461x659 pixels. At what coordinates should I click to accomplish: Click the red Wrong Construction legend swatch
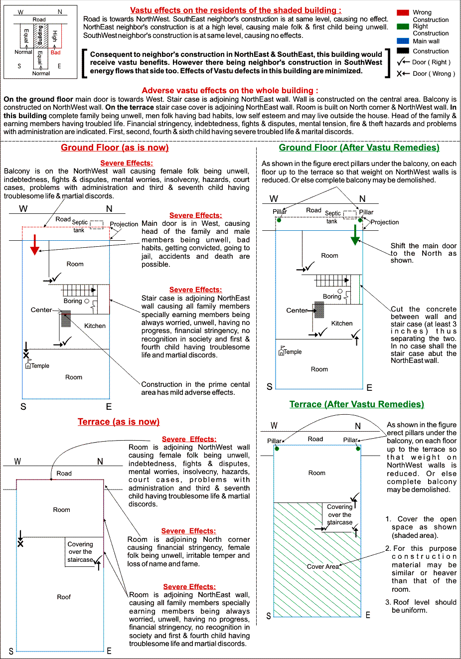pyautogui.click(x=403, y=12)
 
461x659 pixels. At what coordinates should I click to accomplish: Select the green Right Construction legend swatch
pyautogui.click(x=403, y=26)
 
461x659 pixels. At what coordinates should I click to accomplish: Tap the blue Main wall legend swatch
pyautogui.click(x=403, y=41)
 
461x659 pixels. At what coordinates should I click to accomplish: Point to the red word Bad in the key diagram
pyautogui.click(x=55, y=52)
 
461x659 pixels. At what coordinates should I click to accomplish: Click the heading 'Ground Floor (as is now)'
pyautogui.click(x=115, y=148)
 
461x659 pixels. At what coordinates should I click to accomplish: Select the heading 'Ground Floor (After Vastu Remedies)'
pyautogui.click(x=359, y=148)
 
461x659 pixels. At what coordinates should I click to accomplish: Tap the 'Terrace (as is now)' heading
pyautogui.click(x=119, y=422)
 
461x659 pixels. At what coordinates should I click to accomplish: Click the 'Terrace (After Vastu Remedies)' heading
pyautogui.click(x=357, y=404)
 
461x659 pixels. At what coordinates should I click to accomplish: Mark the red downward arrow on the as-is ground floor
pyautogui.click(x=34, y=244)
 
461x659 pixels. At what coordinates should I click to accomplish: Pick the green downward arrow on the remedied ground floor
pyautogui.click(x=355, y=235)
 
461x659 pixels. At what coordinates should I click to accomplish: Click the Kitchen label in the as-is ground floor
pyautogui.click(x=95, y=326)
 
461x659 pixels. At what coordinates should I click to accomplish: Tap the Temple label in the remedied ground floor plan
pyautogui.click(x=293, y=352)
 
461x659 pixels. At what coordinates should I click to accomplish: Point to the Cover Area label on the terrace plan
pyautogui.click(x=322, y=567)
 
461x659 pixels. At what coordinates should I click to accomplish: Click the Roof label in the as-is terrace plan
pyautogui.click(x=64, y=597)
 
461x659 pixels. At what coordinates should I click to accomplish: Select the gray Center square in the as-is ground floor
pyautogui.click(x=66, y=319)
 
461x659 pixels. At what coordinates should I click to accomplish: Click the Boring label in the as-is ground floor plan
pyautogui.click(x=73, y=301)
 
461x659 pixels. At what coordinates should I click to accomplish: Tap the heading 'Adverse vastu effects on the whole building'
pyautogui.click(x=230, y=91)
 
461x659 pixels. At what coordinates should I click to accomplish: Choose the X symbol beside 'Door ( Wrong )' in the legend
pyautogui.click(x=400, y=74)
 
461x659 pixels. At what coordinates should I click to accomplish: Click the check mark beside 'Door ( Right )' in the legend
pyautogui.click(x=401, y=62)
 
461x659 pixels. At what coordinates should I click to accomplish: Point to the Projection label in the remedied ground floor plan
pyautogui.click(x=385, y=222)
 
